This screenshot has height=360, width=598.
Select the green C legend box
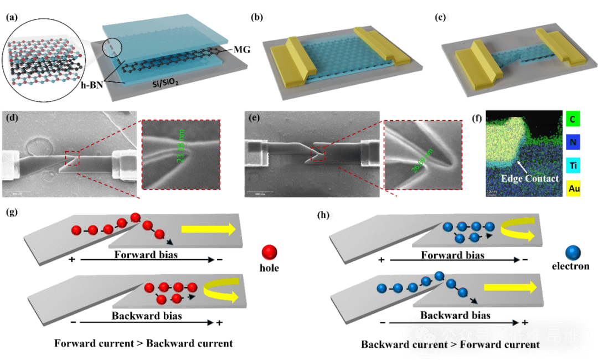click(x=574, y=119)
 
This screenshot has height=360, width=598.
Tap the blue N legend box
click(x=574, y=142)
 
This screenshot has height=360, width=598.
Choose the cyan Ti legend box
click(x=574, y=166)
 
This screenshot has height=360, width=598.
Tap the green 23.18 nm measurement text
click(x=181, y=146)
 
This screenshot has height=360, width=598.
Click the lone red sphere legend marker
click(x=269, y=253)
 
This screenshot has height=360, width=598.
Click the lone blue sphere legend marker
click(x=574, y=253)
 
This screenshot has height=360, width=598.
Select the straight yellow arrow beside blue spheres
click(x=510, y=287)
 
